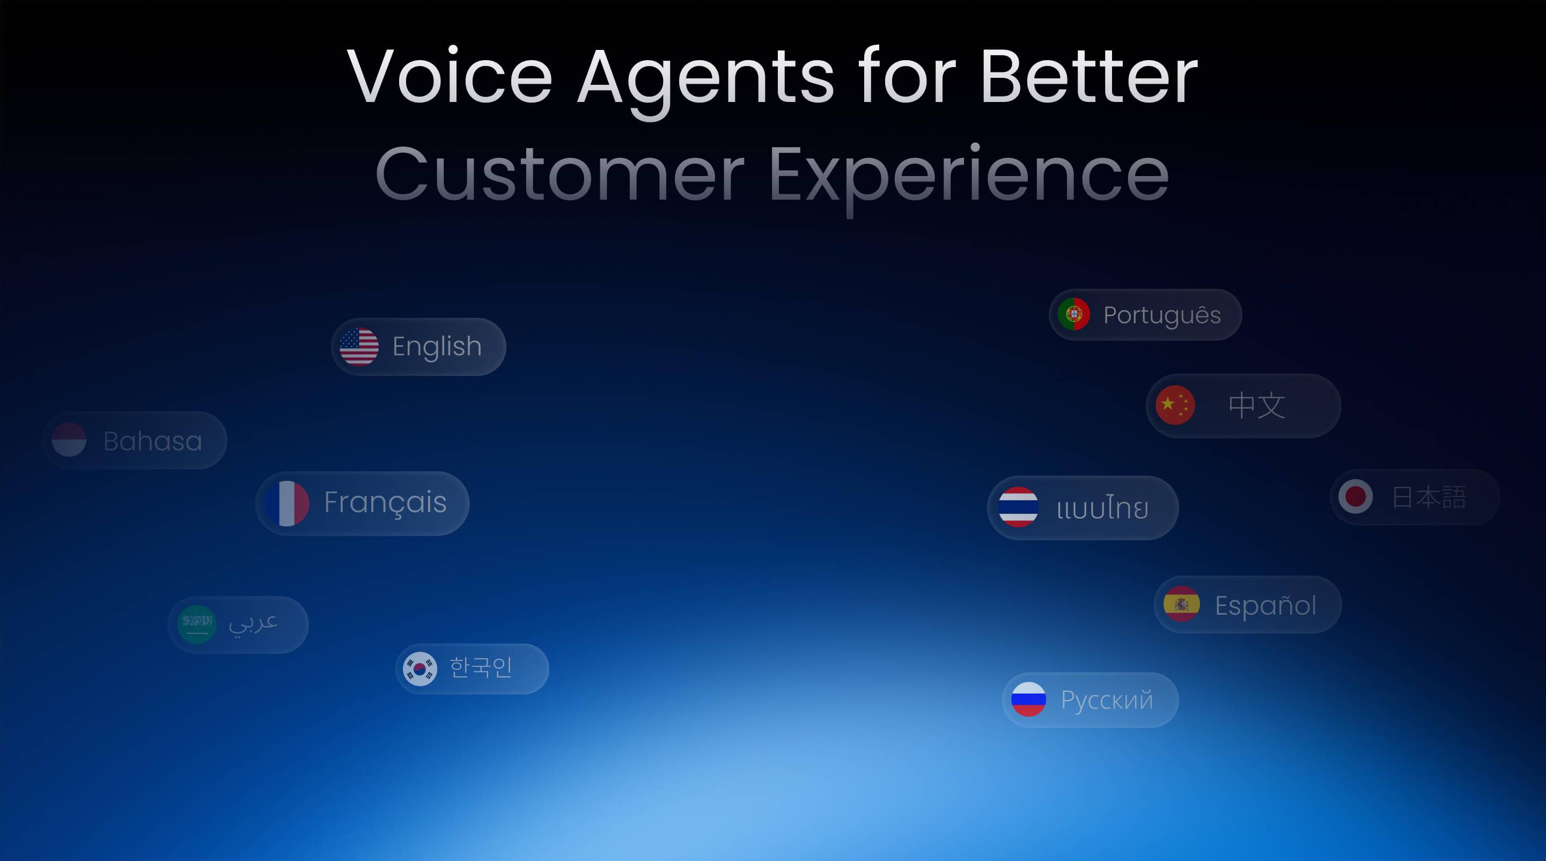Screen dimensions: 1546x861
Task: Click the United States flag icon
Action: point(359,346)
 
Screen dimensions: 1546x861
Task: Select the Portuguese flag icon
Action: point(1074,314)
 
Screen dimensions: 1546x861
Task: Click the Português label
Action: point(1162,315)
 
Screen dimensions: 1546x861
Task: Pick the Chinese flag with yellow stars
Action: point(1175,405)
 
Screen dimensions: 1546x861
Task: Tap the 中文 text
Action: point(1257,406)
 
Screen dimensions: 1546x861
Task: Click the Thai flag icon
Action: point(1019,507)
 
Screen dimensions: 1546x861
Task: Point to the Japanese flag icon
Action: point(1355,497)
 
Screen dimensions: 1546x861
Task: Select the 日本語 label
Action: point(1429,498)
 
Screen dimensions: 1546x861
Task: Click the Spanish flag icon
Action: point(1182,604)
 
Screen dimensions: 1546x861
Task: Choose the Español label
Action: point(1266,605)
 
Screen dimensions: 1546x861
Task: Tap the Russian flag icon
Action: point(1029,699)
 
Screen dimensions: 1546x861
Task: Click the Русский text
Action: point(1107,700)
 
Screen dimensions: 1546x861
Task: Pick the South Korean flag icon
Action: point(419,669)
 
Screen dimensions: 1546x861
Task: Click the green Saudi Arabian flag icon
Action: point(197,624)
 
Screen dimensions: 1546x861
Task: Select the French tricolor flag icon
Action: point(287,503)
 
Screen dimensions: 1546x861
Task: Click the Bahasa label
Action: point(152,441)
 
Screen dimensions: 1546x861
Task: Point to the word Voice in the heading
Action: point(450,76)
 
